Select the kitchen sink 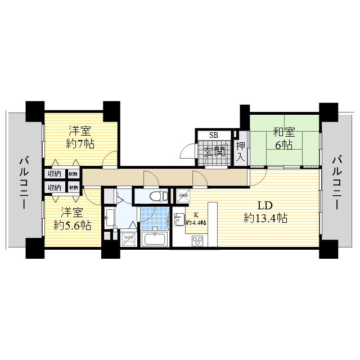point(179,220)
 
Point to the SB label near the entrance point(214,135)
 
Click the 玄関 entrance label point(214,151)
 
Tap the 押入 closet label point(241,151)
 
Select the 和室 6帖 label point(283,139)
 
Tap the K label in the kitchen point(196,215)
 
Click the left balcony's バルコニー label point(23,183)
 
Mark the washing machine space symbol point(129,237)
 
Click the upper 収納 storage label point(54,174)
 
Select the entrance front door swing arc point(186,152)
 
